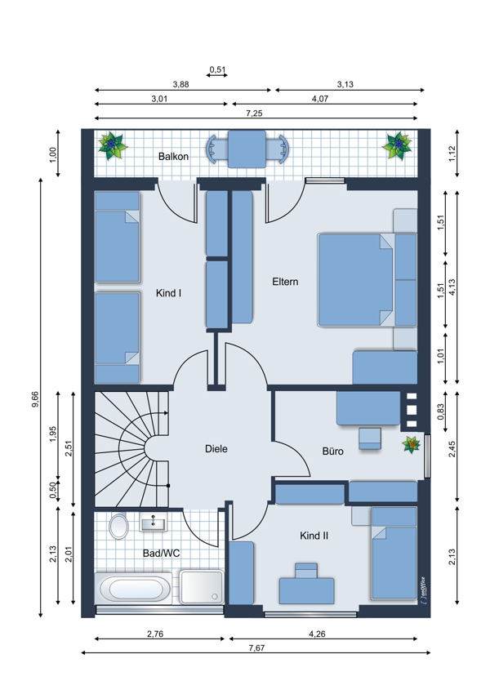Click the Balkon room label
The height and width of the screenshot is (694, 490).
173,156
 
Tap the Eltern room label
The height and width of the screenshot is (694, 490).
285,282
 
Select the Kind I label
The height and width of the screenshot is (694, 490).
169,293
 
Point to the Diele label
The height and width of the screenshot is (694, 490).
216,449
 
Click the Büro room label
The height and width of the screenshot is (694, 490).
333,451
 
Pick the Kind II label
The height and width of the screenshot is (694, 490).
314,536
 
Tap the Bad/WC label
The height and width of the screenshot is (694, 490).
161,554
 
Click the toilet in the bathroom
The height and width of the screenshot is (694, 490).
118,527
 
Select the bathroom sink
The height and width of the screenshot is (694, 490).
154,523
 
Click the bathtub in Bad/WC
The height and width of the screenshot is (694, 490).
133,589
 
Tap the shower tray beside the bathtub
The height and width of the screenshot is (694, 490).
202,587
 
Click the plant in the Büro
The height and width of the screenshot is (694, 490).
412,444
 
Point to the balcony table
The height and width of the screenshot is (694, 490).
247,149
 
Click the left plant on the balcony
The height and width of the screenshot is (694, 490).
113,145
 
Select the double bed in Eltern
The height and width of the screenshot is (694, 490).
355,280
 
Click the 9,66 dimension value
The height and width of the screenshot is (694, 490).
35,400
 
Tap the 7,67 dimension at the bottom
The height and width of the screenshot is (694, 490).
256,648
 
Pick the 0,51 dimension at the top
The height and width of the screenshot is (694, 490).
217,69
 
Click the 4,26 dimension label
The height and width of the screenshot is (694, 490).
317,634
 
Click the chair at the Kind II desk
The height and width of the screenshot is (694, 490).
306,571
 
